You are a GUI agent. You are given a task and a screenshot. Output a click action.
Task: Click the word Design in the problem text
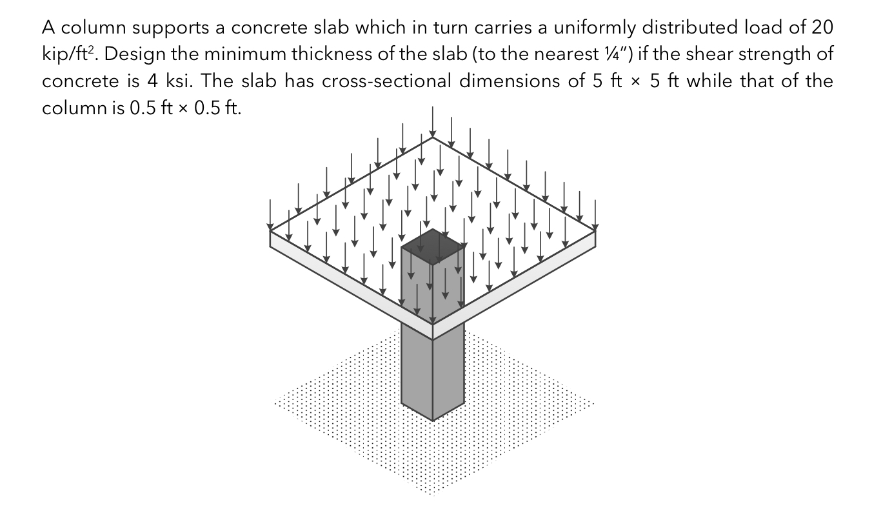pyautogui.click(x=127, y=55)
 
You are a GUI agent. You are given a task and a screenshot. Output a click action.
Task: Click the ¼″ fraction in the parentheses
pyautogui.click(x=619, y=55)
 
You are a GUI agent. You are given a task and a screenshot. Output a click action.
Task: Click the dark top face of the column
pyautogui.click(x=433, y=245)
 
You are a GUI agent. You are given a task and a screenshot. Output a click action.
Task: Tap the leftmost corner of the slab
pyautogui.click(x=270, y=230)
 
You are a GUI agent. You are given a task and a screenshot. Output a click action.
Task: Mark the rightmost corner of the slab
pyautogui.click(x=595, y=230)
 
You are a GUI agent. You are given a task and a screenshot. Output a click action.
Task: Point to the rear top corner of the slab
pyautogui.click(x=433, y=137)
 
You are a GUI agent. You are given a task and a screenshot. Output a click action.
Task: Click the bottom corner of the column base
pyautogui.click(x=433, y=420)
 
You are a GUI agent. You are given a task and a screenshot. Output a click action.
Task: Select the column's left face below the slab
pyautogui.click(x=417, y=368)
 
